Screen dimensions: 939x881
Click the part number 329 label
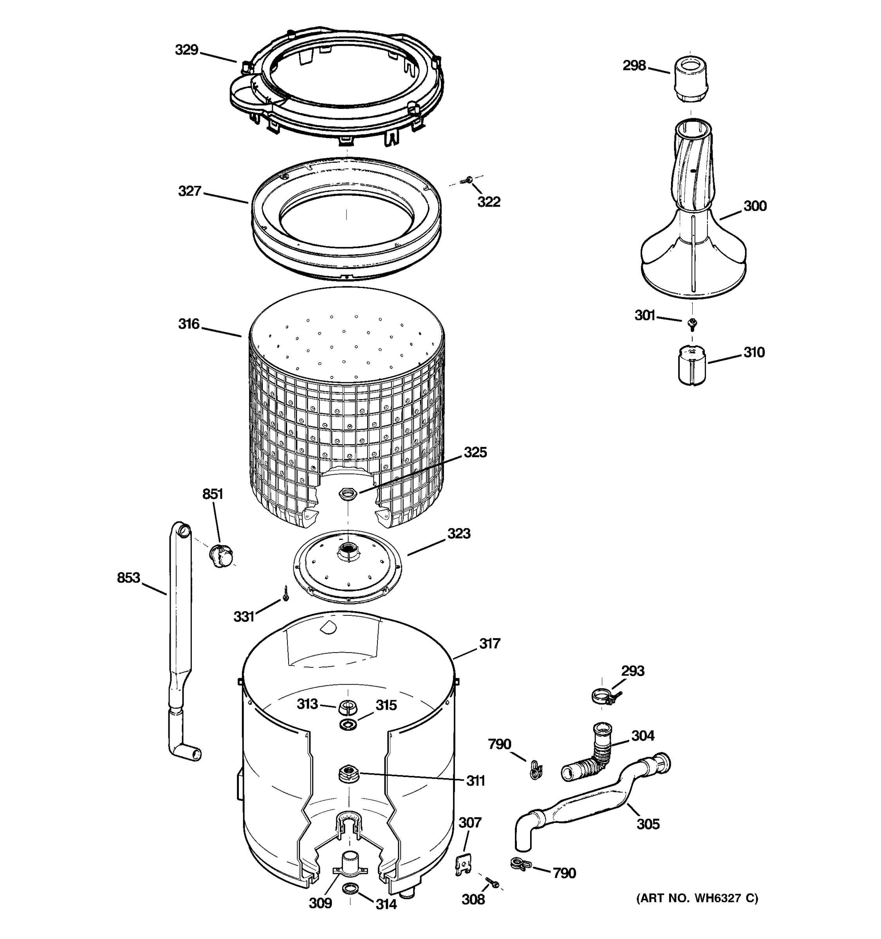point(186,50)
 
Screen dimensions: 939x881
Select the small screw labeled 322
point(468,180)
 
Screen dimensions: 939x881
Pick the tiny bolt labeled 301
point(692,323)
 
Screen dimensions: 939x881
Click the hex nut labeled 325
point(348,494)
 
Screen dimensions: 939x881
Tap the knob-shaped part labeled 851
point(221,554)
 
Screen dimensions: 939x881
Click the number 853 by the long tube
point(128,577)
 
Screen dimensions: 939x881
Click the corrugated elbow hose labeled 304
point(591,754)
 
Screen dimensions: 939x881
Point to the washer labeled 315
point(348,724)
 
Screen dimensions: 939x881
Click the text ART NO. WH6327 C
point(697,898)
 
